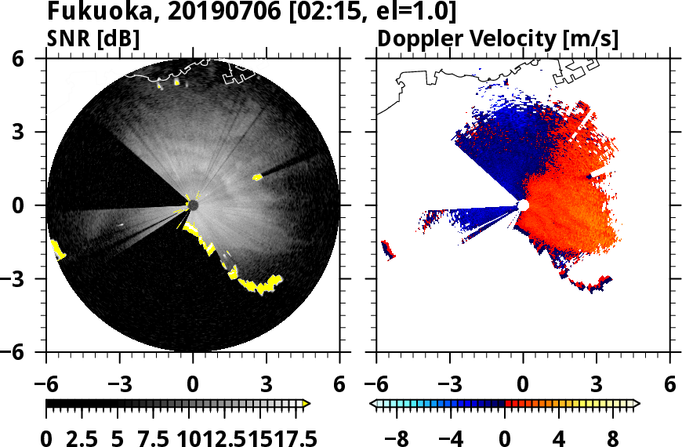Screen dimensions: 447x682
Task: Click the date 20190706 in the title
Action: click(x=200, y=13)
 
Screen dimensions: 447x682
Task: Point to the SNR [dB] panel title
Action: click(x=93, y=38)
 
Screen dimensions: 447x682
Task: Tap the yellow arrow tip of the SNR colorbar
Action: click(x=307, y=403)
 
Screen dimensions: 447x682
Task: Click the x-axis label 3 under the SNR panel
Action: click(x=267, y=384)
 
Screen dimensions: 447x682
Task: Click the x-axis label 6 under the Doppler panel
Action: click(x=669, y=384)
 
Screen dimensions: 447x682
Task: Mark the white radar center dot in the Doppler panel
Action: click(x=523, y=205)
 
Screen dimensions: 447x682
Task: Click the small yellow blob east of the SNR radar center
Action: click(x=257, y=177)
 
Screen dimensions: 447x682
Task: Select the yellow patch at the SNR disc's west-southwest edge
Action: click(x=58, y=250)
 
